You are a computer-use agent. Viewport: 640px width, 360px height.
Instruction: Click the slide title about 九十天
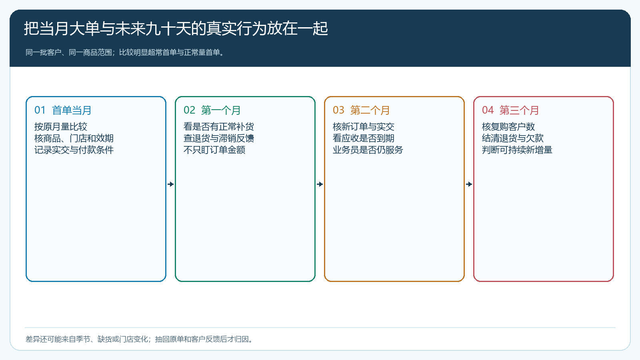point(176,28)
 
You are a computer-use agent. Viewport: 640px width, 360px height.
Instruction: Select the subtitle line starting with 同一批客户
point(125,52)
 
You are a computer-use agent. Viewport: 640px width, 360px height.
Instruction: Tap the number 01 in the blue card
point(40,110)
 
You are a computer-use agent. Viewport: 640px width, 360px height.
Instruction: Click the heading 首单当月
point(72,110)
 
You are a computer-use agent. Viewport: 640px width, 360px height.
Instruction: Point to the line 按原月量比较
point(60,126)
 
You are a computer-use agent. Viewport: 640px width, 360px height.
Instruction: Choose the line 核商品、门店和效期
point(74,138)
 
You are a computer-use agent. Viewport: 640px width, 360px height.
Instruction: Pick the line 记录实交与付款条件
point(74,150)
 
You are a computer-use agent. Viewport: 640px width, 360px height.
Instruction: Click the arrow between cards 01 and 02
point(170,184)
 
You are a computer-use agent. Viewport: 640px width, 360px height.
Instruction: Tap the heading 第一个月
point(220,110)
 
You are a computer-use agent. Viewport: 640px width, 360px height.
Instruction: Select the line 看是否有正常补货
point(218,126)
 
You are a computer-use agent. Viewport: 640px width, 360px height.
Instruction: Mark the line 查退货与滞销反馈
point(218,138)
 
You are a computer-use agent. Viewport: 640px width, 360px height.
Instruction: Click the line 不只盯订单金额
point(214,150)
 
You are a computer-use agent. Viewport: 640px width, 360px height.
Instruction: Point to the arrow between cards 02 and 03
point(320,184)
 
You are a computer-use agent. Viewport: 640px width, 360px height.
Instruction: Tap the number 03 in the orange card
point(338,110)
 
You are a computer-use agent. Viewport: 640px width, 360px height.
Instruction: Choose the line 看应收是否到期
point(364,138)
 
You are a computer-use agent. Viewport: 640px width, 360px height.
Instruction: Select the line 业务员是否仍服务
point(368,150)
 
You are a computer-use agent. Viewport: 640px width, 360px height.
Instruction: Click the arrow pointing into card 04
point(469,184)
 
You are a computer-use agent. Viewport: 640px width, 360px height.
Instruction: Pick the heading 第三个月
point(519,110)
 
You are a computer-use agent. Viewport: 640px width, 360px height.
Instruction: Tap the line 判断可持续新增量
point(517,150)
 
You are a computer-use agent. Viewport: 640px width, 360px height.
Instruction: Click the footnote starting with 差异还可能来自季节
point(139,340)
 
